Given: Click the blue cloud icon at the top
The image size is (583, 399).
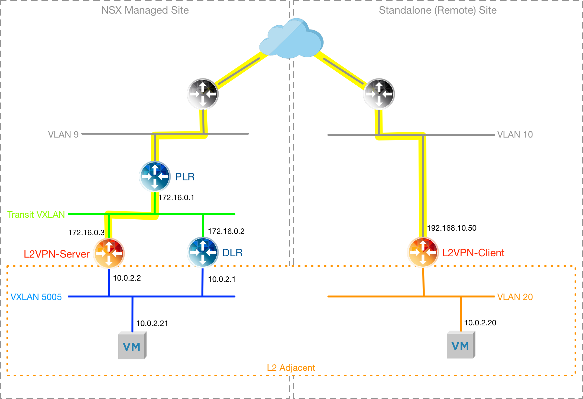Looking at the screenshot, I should (x=291, y=39).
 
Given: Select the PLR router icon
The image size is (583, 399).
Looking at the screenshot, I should (x=155, y=176).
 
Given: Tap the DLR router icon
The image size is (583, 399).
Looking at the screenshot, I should (x=203, y=252).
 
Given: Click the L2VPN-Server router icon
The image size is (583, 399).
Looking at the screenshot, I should (x=109, y=253).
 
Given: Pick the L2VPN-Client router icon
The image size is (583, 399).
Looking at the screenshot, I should (x=423, y=252).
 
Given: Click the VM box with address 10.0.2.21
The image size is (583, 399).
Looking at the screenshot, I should (x=132, y=345).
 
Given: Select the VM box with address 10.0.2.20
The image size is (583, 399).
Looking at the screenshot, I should (x=461, y=345).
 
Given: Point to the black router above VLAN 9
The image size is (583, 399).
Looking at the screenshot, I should (x=203, y=94).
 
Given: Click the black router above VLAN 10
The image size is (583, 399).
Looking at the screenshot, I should (x=379, y=94).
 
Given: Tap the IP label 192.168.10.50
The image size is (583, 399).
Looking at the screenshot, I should (x=452, y=228).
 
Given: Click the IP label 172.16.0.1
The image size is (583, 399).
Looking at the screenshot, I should (x=176, y=198).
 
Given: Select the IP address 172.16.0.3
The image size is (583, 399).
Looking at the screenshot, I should (x=86, y=233).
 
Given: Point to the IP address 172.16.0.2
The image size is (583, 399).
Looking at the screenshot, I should (x=226, y=231).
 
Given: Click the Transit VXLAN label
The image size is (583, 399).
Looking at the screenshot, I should (x=36, y=215).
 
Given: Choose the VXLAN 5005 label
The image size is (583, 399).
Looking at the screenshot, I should (x=36, y=297).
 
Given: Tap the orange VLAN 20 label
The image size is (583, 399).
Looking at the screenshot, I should (x=515, y=297).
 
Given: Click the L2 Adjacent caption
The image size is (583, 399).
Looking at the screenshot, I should (x=291, y=368).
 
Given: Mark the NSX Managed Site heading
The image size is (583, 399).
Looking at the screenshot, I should (x=145, y=10).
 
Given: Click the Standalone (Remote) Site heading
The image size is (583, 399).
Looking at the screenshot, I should (x=438, y=10).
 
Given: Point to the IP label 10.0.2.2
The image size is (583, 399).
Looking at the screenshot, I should (x=127, y=278).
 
